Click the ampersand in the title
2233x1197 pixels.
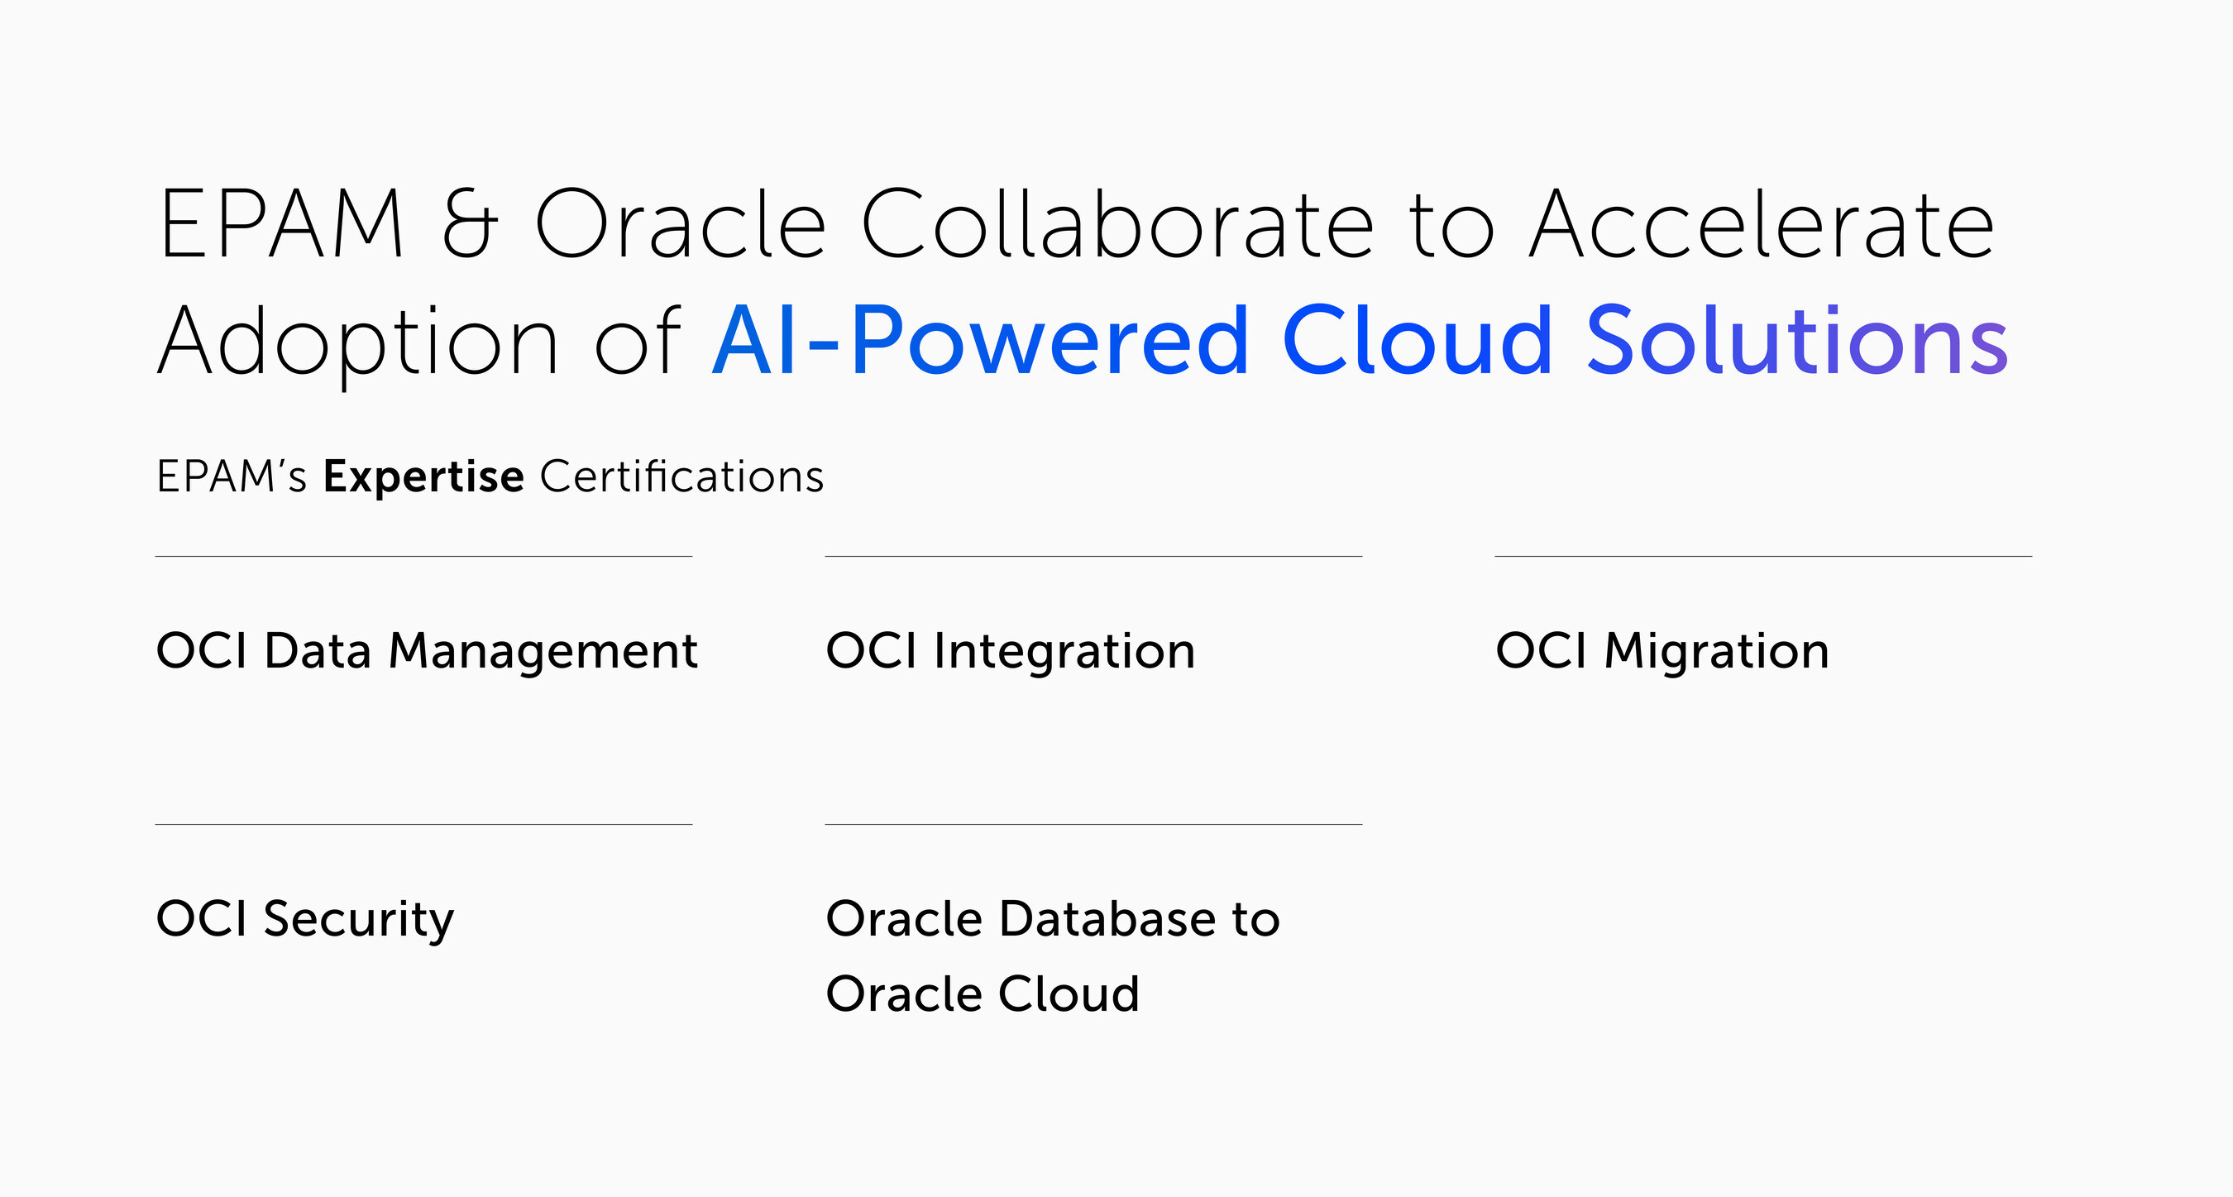[x=470, y=223]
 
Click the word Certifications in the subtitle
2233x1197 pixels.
[x=681, y=476]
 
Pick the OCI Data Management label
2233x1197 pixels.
[x=427, y=653]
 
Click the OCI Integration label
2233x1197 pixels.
[x=1011, y=653]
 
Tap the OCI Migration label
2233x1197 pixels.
[x=1662, y=653]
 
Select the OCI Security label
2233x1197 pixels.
[x=305, y=921]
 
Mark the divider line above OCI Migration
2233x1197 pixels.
[x=1763, y=557]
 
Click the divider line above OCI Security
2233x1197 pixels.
[x=424, y=824]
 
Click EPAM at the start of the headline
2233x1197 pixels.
[x=281, y=223]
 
